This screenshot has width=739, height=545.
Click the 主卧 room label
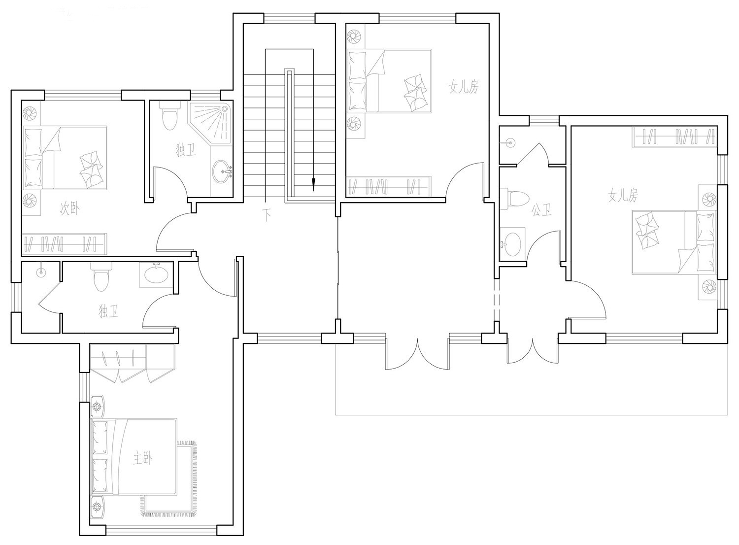point(142,458)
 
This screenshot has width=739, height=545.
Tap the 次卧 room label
point(69,209)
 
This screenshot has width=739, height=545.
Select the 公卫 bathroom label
point(542,210)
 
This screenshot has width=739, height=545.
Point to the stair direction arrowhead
point(313,184)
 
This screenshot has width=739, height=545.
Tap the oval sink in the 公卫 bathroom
point(513,244)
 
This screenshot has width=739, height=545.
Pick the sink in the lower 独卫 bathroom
point(156,274)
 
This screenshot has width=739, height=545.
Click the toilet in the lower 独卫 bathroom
point(101,277)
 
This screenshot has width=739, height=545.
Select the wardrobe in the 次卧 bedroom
point(65,244)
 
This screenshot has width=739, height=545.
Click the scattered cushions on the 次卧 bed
point(91,170)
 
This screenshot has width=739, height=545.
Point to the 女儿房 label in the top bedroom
point(464,87)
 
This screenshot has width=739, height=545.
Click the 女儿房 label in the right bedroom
point(623,196)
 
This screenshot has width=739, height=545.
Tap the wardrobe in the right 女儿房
point(675,136)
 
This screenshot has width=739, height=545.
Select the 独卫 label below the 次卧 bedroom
point(108,311)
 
